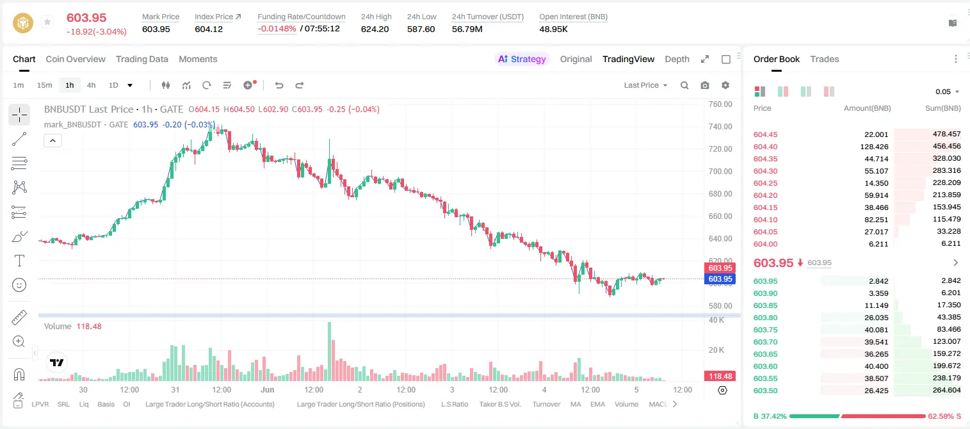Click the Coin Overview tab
76,59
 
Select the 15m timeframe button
45,85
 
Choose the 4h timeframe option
91,85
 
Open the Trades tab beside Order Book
824,59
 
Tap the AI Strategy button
522,59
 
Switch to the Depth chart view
677,59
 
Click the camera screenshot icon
705,85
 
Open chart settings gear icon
725,85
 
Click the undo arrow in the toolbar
279,85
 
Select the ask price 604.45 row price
765,134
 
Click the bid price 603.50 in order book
765,391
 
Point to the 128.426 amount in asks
874,147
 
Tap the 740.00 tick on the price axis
720,126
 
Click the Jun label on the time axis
267,389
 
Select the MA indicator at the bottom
576,404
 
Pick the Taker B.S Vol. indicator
499,404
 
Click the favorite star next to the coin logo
47,22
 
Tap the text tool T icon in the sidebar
19,261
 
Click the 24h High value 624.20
375,29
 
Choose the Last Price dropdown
645,85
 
